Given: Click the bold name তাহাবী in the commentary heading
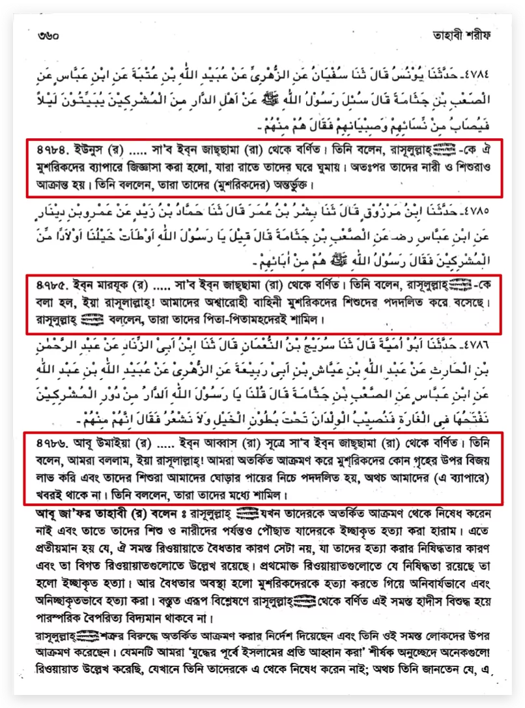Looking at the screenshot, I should pos(116,513).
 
